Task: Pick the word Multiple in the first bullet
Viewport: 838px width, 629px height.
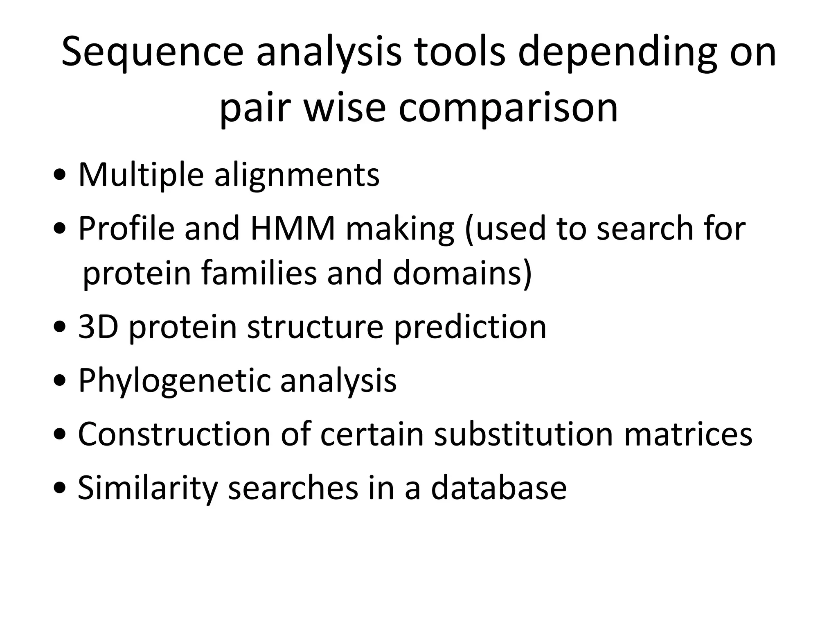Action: pyautogui.click(x=141, y=175)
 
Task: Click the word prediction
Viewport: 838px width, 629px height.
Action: pyautogui.click(x=470, y=328)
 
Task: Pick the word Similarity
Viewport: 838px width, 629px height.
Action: pyautogui.click(x=147, y=488)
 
